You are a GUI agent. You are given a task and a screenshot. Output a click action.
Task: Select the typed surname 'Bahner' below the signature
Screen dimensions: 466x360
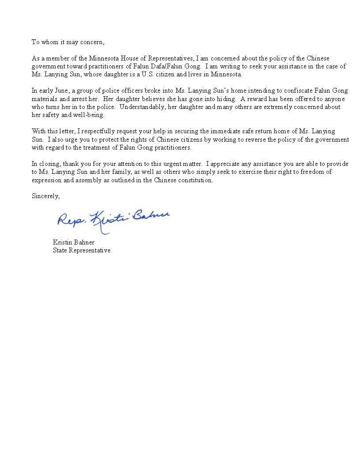84,242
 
